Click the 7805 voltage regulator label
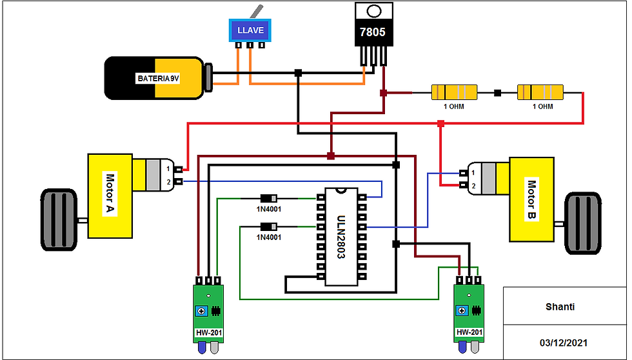point(373,32)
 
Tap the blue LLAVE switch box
point(251,30)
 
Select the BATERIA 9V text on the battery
point(157,78)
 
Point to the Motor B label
point(531,199)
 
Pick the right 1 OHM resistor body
point(540,93)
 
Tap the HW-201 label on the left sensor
point(210,334)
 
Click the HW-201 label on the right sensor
point(469,333)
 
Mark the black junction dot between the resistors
point(497,93)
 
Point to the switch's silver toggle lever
point(257,12)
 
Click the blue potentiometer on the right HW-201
point(462,312)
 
